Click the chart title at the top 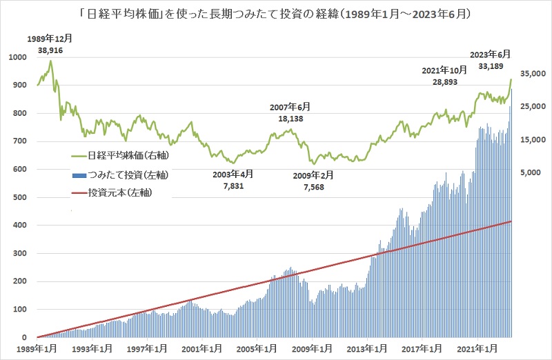pyautogui.click(x=275, y=13)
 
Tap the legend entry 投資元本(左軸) pyautogui.click(x=121, y=194)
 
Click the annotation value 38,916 pyautogui.click(x=41, y=51)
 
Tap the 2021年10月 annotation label pyautogui.click(x=444, y=70)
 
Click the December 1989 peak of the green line pyautogui.click(x=50, y=61)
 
